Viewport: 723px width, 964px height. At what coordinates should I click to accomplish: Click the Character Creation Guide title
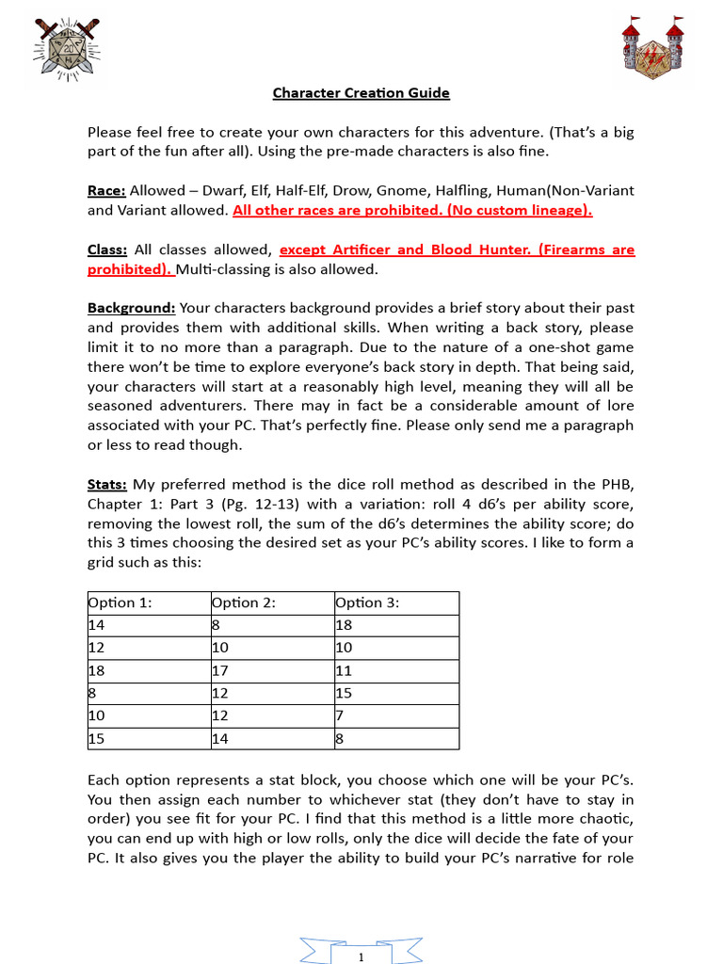tap(361, 92)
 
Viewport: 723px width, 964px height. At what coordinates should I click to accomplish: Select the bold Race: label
tap(106, 190)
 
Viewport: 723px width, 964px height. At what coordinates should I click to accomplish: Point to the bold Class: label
tap(107, 249)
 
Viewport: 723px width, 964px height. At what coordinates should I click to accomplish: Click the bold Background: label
tap(131, 308)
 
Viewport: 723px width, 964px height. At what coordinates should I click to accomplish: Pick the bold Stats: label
tap(107, 485)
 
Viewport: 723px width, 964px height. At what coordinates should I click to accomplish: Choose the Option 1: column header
tap(120, 602)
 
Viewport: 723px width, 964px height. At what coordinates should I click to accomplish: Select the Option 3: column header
tap(367, 602)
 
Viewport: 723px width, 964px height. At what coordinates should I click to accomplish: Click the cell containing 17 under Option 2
tap(220, 670)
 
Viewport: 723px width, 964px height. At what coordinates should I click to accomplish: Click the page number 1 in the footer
tap(361, 956)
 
